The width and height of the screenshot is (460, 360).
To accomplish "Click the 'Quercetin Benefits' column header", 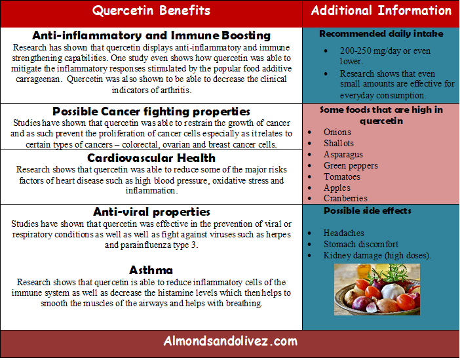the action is click(x=151, y=11).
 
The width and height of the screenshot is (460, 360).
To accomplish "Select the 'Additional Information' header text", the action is click(x=381, y=10).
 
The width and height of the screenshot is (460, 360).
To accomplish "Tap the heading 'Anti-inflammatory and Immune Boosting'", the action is click(x=151, y=35).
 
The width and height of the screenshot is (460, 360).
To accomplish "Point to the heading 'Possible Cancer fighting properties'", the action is click(x=151, y=111).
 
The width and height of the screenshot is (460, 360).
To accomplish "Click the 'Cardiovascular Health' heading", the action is click(x=151, y=158).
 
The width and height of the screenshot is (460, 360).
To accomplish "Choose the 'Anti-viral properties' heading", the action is click(x=151, y=212).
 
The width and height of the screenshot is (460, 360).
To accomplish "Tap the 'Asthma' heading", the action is click(x=151, y=270).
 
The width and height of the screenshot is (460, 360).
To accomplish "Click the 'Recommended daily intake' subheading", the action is click(x=381, y=33).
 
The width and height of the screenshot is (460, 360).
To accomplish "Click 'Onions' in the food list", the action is click(x=337, y=132).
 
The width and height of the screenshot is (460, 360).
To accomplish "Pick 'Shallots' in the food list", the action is click(x=339, y=144).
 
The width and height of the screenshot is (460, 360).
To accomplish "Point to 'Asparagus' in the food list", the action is click(x=343, y=155).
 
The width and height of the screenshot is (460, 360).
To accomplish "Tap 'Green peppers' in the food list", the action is click(x=351, y=166).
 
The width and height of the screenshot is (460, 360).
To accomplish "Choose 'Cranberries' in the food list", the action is click(x=345, y=199).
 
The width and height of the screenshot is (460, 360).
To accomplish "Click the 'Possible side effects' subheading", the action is click(x=368, y=211).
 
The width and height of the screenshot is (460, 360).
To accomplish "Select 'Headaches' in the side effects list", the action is click(x=344, y=233).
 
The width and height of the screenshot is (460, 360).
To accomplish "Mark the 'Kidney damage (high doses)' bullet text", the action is click(x=377, y=256).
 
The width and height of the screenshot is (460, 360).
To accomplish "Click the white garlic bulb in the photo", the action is click(x=389, y=290).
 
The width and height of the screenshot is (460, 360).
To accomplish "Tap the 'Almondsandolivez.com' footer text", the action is click(x=231, y=341).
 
